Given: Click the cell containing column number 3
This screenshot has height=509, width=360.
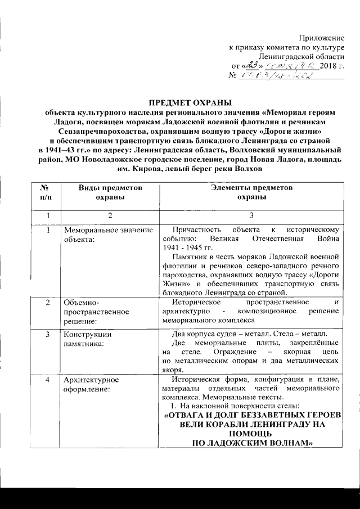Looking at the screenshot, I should pos(251,215).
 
